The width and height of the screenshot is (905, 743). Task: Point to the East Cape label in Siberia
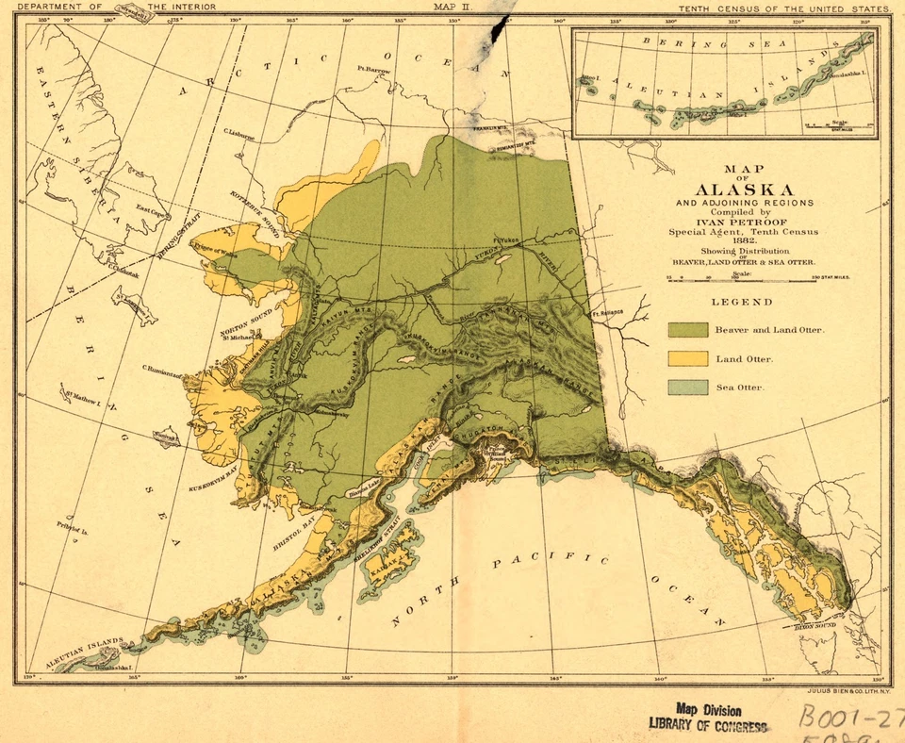[147, 209]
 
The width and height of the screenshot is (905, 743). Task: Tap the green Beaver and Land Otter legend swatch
[687, 329]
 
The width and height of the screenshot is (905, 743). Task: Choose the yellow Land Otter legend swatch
[687, 358]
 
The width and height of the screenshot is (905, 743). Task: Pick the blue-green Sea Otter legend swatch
[687, 387]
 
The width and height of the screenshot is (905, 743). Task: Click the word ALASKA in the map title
[744, 189]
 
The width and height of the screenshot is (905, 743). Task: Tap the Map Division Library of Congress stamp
[708, 717]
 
